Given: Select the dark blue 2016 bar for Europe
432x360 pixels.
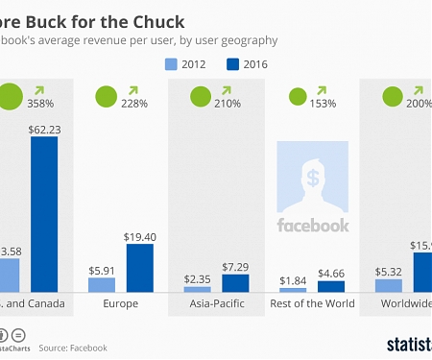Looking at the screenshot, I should [x=140, y=267].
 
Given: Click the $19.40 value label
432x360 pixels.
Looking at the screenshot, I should [x=140, y=235].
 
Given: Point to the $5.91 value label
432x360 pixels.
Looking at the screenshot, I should [x=102, y=270].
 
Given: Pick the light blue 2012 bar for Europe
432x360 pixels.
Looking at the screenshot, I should [x=102, y=284].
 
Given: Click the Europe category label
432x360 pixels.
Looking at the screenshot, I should [x=120, y=304].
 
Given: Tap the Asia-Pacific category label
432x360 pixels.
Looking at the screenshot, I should [x=216, y=304].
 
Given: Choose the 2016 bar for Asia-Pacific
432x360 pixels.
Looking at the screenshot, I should [x=235, y=282].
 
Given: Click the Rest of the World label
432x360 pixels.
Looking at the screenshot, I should [x=312, y=304].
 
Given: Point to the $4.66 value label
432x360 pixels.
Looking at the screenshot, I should [x=331, y=272].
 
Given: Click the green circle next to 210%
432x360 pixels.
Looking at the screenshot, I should [x=201, y=96].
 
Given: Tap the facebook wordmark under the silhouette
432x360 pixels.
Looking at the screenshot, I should [x=312, y=226].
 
